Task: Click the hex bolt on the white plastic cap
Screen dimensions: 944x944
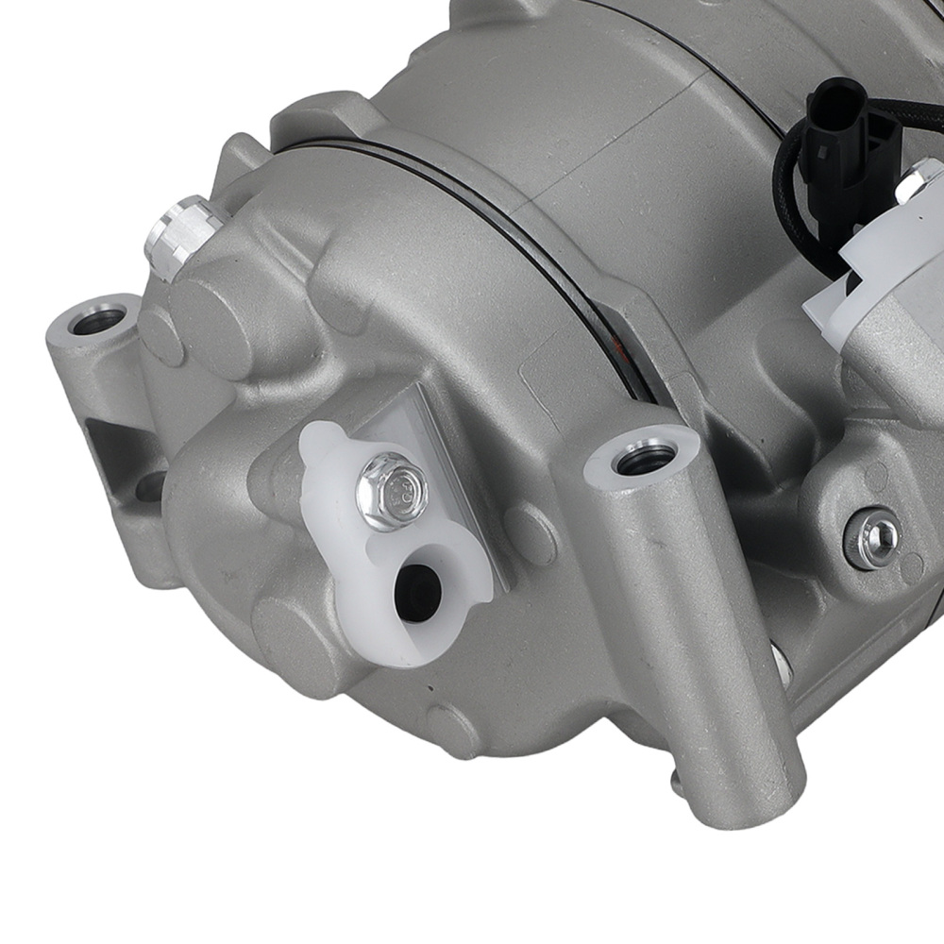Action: tap(391, 491)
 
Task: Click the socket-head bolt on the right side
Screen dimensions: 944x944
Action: tap(872, 539)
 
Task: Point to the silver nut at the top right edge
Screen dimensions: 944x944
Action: tap(920, 179)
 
